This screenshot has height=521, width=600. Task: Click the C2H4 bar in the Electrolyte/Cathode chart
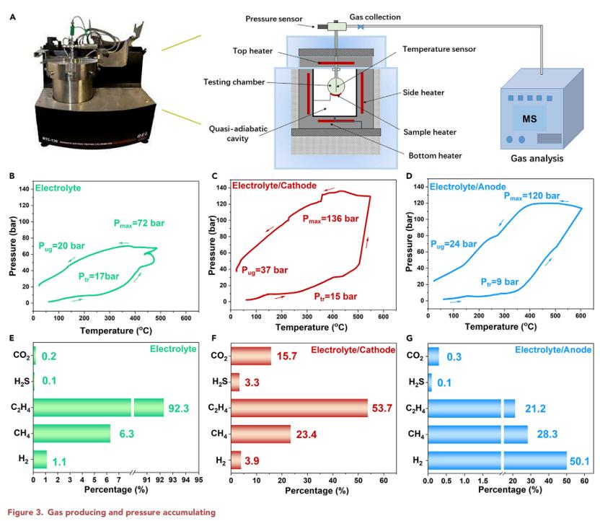click(299, 408)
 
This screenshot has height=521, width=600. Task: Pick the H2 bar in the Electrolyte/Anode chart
click(498, 460)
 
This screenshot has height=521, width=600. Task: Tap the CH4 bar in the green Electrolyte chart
click(71, 434)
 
